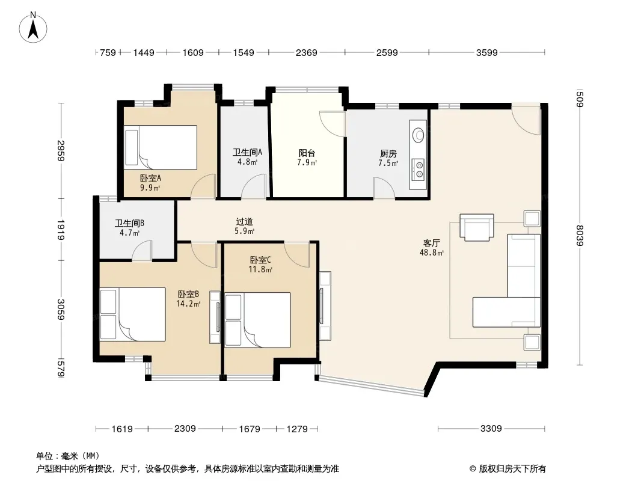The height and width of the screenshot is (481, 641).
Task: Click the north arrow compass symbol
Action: click(x=33, y=27)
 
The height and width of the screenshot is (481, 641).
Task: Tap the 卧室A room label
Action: click(x=150, y=178)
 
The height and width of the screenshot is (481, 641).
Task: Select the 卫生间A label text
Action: click(x=247, y=153)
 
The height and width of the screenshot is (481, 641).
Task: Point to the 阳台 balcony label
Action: click(x=307, y=153)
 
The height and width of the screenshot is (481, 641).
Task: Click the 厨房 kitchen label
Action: click(x=388, y=154)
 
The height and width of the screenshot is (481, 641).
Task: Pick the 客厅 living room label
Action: click(x=431, y=244)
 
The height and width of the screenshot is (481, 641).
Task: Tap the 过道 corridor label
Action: click(x=245, y=221)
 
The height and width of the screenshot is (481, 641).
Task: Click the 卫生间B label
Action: click(x=129, y=223)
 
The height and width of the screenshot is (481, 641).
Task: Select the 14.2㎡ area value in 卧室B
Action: click(x=188, y=304)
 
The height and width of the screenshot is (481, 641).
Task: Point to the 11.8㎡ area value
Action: click(x=260, y=269)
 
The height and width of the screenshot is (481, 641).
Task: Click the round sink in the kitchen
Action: click(x=418, y=135)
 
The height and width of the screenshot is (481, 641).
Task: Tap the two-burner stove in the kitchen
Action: click(x=419, y=169)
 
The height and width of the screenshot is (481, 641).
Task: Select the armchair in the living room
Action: click(x=477, y=226)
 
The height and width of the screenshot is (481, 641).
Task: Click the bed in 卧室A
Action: click(x=161, y=147)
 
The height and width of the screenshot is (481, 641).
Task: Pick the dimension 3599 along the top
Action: click(x=487, y=52)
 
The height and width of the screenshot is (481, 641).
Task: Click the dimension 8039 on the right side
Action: click(x=580, y=236)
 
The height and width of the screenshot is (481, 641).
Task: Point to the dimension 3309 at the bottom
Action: click(x=491, y=428)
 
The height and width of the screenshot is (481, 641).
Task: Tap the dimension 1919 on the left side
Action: click(x=61, y=230)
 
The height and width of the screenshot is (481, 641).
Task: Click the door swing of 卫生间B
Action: click(x=142, y=250)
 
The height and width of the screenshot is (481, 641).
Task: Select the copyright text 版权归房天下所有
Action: click(x=512, y=469)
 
